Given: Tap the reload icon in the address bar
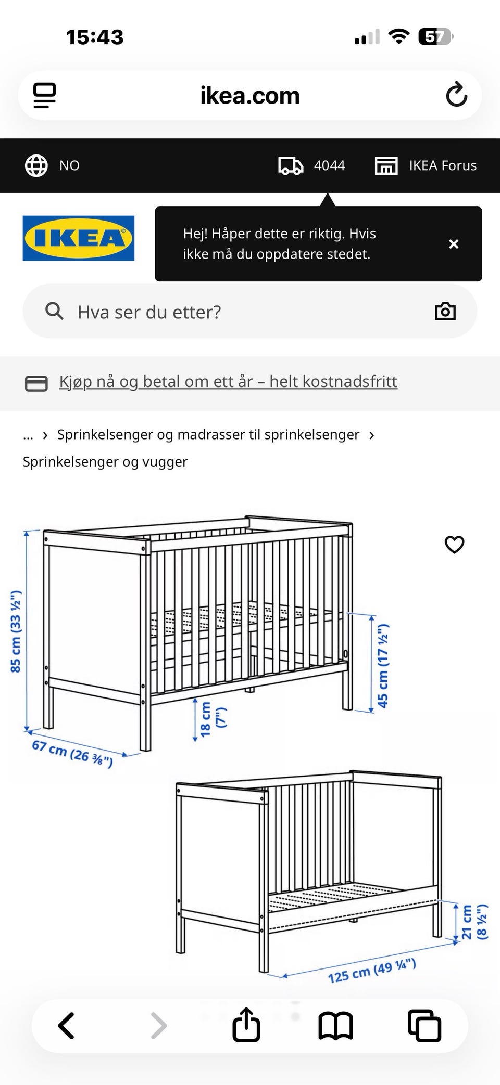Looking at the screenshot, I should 456,95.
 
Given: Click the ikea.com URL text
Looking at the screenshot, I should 250,96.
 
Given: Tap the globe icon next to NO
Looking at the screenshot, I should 36,165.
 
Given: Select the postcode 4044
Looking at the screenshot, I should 329,165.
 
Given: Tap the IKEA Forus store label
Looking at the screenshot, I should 442,165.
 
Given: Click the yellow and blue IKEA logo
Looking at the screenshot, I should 79,238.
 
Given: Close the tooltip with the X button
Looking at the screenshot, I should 454,244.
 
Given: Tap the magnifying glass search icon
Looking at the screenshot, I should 54,312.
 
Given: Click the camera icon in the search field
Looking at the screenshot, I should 445,312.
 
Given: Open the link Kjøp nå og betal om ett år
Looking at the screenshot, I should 228,382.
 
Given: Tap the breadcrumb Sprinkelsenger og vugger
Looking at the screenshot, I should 105,462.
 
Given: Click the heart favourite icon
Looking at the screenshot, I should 454,545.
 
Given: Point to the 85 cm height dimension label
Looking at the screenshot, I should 16,631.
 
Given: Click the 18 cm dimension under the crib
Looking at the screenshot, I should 206,719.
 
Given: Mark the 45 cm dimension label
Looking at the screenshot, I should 383,666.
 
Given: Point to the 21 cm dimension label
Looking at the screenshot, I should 467,922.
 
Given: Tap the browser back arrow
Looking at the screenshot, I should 66,1026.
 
